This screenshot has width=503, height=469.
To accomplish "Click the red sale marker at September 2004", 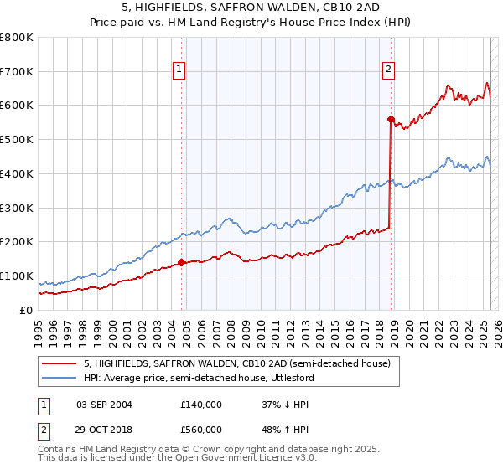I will (182, 262).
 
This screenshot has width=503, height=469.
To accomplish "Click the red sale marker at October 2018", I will (391, 119).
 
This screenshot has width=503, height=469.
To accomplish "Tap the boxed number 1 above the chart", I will (179, 70).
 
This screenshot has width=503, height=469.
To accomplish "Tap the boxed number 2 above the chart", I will (389, 70).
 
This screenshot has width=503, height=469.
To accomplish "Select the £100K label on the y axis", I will (17, 276).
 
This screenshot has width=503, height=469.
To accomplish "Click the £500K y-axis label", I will (17, 140).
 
